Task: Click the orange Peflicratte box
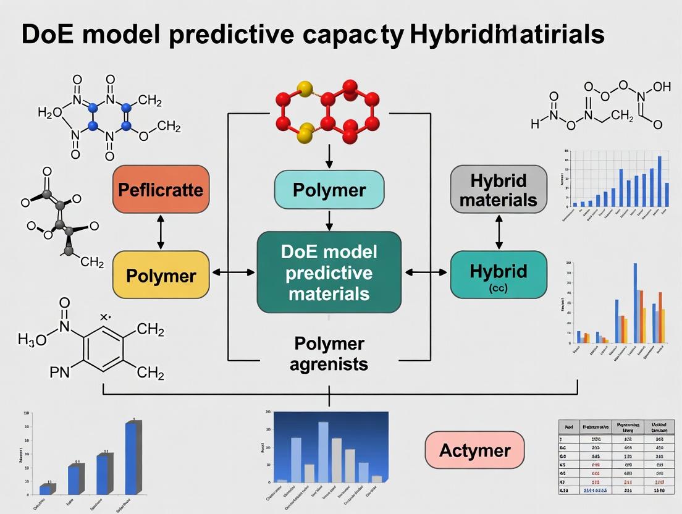161,190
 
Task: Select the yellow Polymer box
161,275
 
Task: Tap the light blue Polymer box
329,190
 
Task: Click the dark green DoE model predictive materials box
329,272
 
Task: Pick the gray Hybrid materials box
499,190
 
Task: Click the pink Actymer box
474,450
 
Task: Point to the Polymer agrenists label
330,353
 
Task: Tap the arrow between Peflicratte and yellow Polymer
161,232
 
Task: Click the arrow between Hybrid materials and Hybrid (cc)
499,232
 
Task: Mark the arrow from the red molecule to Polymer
329,158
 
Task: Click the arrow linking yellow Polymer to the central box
232,272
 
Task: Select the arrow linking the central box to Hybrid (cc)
426,272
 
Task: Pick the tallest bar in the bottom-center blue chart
323,451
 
